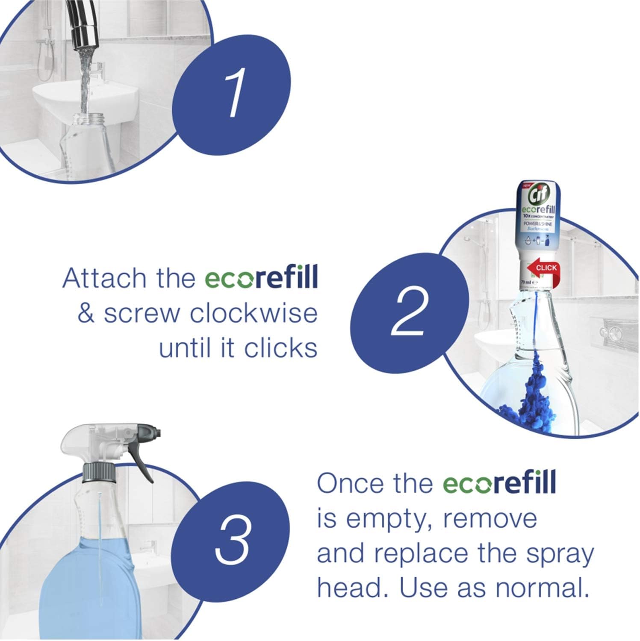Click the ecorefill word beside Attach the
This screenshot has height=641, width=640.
pos(261,278)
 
